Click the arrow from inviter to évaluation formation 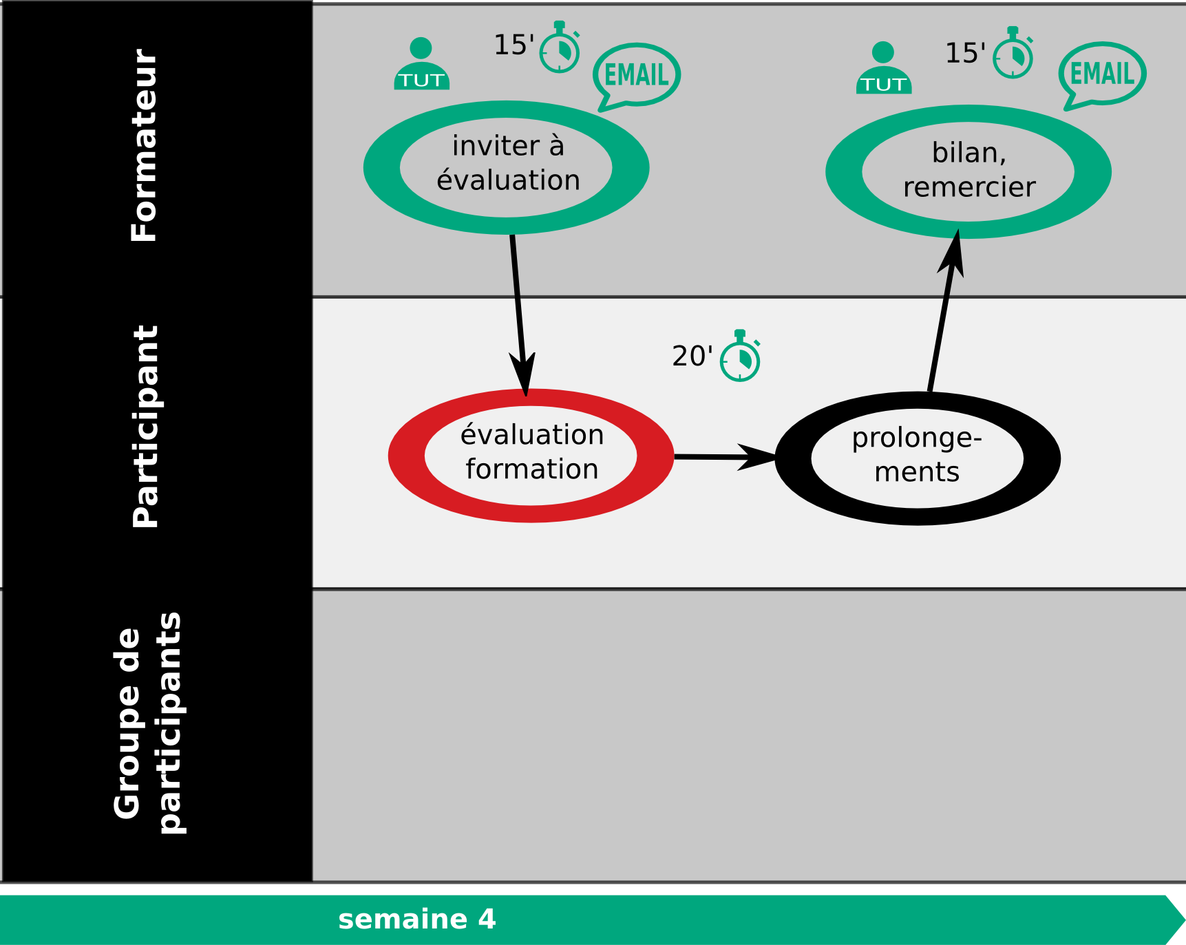point(519,315)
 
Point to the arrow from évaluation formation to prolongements point(725,456)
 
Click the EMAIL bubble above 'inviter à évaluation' point(636,76)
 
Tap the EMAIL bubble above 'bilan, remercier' point(1101,74)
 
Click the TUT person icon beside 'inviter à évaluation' point(421,64)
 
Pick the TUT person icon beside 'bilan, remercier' point(884,68)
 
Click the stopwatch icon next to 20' point(740,357)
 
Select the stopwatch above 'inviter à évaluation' point(560,48)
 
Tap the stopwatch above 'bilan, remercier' point(1013,53)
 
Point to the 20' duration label point(692,357)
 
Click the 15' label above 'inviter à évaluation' point(514,45)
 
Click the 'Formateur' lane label point(145,145)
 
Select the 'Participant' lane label point(145,427)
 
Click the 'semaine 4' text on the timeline point(417,920)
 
